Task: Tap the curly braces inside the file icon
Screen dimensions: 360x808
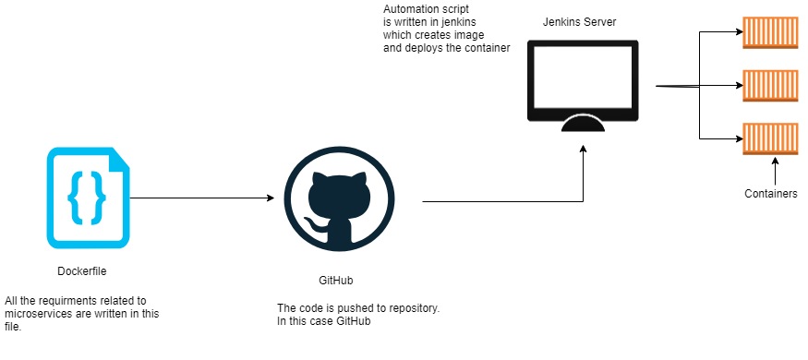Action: coord(88,197)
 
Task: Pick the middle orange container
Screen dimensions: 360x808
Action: coord(770,86)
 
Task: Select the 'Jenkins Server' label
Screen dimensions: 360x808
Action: coord(580,21)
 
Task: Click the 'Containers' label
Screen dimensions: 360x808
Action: coord(771,194)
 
